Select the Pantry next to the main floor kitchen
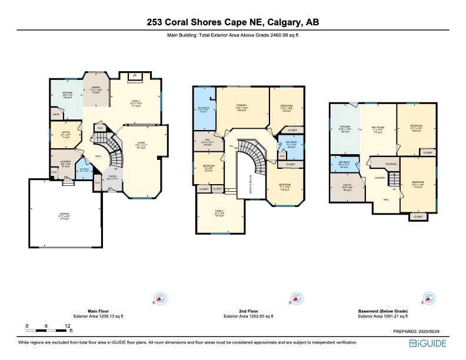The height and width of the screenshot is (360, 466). click(x=56, y=115)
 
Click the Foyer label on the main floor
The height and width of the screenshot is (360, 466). click(x=112, y=176)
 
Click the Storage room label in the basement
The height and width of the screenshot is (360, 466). click(x=391, y=164)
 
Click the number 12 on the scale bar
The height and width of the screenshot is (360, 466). click(x=68, y=325)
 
